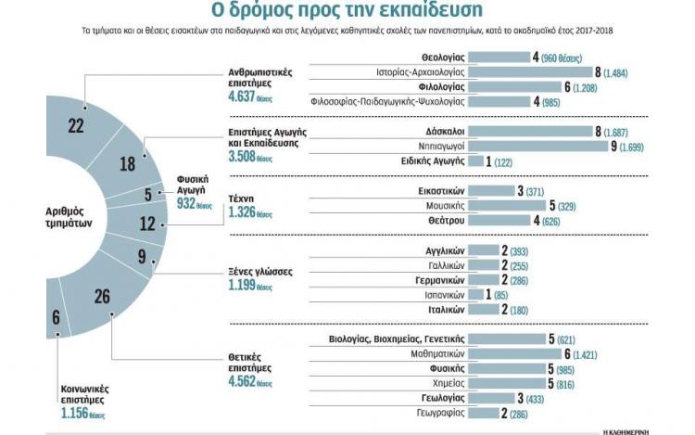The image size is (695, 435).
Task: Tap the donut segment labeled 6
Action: [57, 317]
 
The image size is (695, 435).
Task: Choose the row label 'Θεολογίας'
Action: [442, 58]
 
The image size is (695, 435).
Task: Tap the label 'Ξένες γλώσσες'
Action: [260, 272]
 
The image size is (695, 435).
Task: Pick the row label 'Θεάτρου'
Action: [444, 220]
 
